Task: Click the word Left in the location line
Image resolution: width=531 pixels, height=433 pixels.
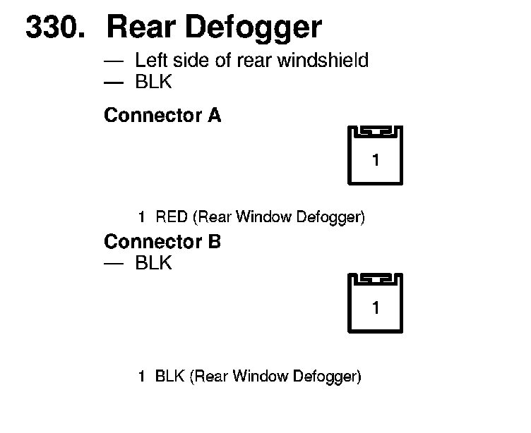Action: [150, 61]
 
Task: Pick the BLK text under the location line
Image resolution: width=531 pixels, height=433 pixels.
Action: [153, 83]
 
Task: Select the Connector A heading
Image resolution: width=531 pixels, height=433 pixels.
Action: [162, 116]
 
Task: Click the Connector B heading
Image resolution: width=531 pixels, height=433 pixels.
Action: [162, 243]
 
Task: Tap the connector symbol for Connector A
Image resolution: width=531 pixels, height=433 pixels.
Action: [375, 157]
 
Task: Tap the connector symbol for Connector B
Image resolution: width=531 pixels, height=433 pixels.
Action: [375, 304]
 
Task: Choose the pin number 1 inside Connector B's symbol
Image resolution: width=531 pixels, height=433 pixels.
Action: [376, 309]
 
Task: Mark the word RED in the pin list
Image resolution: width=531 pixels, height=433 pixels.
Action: [171, 217]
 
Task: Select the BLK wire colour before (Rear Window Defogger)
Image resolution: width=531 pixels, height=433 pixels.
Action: [170, 377]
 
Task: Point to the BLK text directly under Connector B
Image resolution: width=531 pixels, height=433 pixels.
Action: [153, 264]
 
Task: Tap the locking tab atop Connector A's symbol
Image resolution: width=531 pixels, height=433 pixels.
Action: [375, 132]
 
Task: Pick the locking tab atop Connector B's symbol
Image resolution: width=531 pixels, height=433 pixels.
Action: [375, 279]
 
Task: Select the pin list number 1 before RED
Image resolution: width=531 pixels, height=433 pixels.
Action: [143, 217]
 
